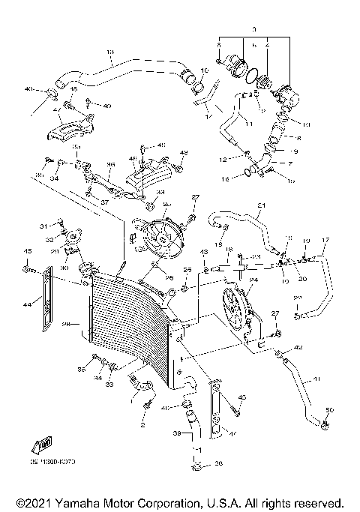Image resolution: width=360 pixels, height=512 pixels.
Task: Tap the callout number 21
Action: [x=262, y=205]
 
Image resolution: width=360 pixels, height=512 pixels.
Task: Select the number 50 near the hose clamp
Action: [x=330, y=409]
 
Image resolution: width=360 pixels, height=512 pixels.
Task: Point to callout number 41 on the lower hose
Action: [x=316, y=379]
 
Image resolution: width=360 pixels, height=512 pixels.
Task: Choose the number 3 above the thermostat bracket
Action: [x=254, y=28]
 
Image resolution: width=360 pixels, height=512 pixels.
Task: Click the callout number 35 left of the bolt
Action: [x=82, y=369]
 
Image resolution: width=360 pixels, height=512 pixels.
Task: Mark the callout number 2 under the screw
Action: [x=142, y=425]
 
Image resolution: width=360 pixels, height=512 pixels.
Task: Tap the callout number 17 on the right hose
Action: [x=325, y=240]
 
